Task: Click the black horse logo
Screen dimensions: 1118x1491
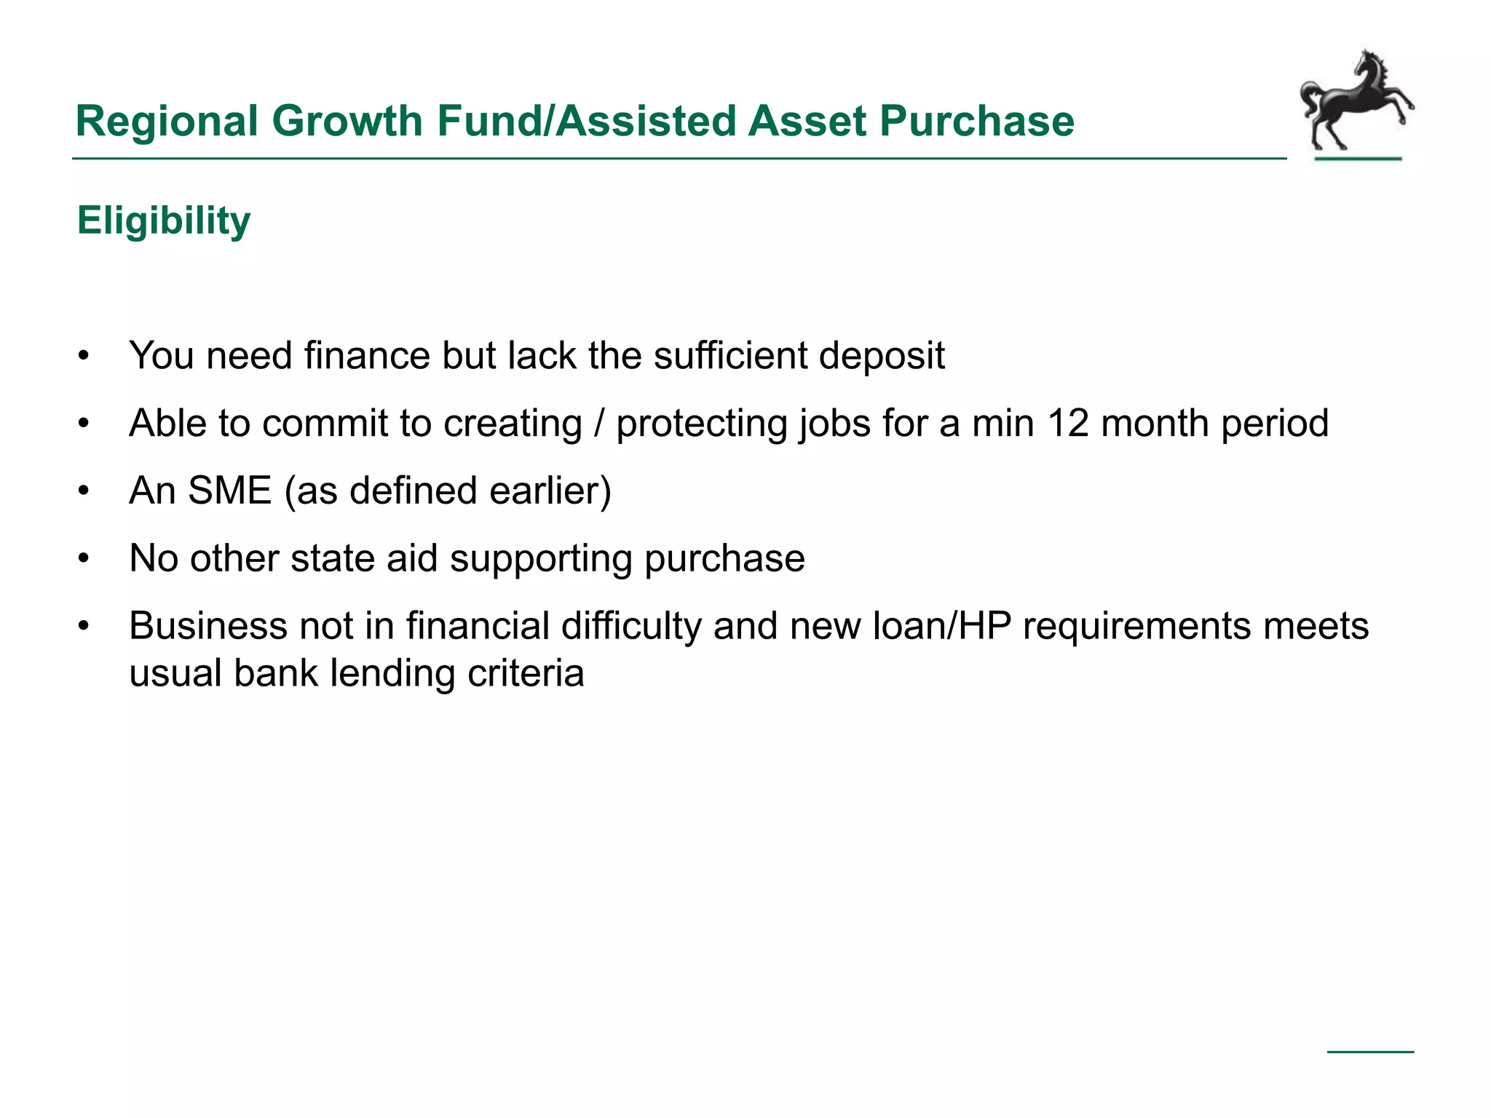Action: [x=1356, y=102]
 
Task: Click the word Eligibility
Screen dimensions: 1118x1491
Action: [x=164, y=221]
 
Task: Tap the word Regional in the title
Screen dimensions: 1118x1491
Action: [x=167, y=121]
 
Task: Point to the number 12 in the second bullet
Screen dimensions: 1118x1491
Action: [x=1068, y=423]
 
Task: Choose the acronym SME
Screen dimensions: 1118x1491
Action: [x=229, y=491]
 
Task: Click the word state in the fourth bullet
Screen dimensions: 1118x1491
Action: [x=332, y=558]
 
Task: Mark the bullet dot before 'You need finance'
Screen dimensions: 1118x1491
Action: [x=84, y=357]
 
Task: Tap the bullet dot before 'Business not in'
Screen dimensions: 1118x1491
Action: [x=84, y=627]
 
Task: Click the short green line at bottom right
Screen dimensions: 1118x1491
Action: [x=1370, y=1052]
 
